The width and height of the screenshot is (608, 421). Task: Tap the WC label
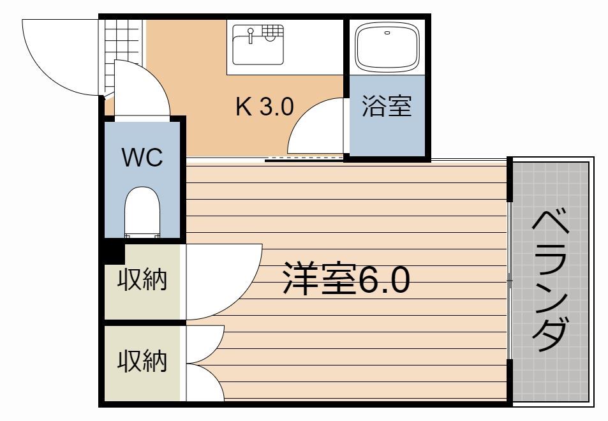(x=143, y=158)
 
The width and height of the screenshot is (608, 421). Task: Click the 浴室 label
(x=387, y=107)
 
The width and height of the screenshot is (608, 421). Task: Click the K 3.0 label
(x=264, y=107)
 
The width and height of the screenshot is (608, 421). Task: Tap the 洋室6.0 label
(x=345, y=281)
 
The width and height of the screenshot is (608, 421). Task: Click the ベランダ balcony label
(x=550, y=281)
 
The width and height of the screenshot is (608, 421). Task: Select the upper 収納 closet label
(x=142, y=280)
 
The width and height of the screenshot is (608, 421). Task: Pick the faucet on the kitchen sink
(x=251, y=34)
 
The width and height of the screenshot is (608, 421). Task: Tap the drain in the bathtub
(x=387, y=31)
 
